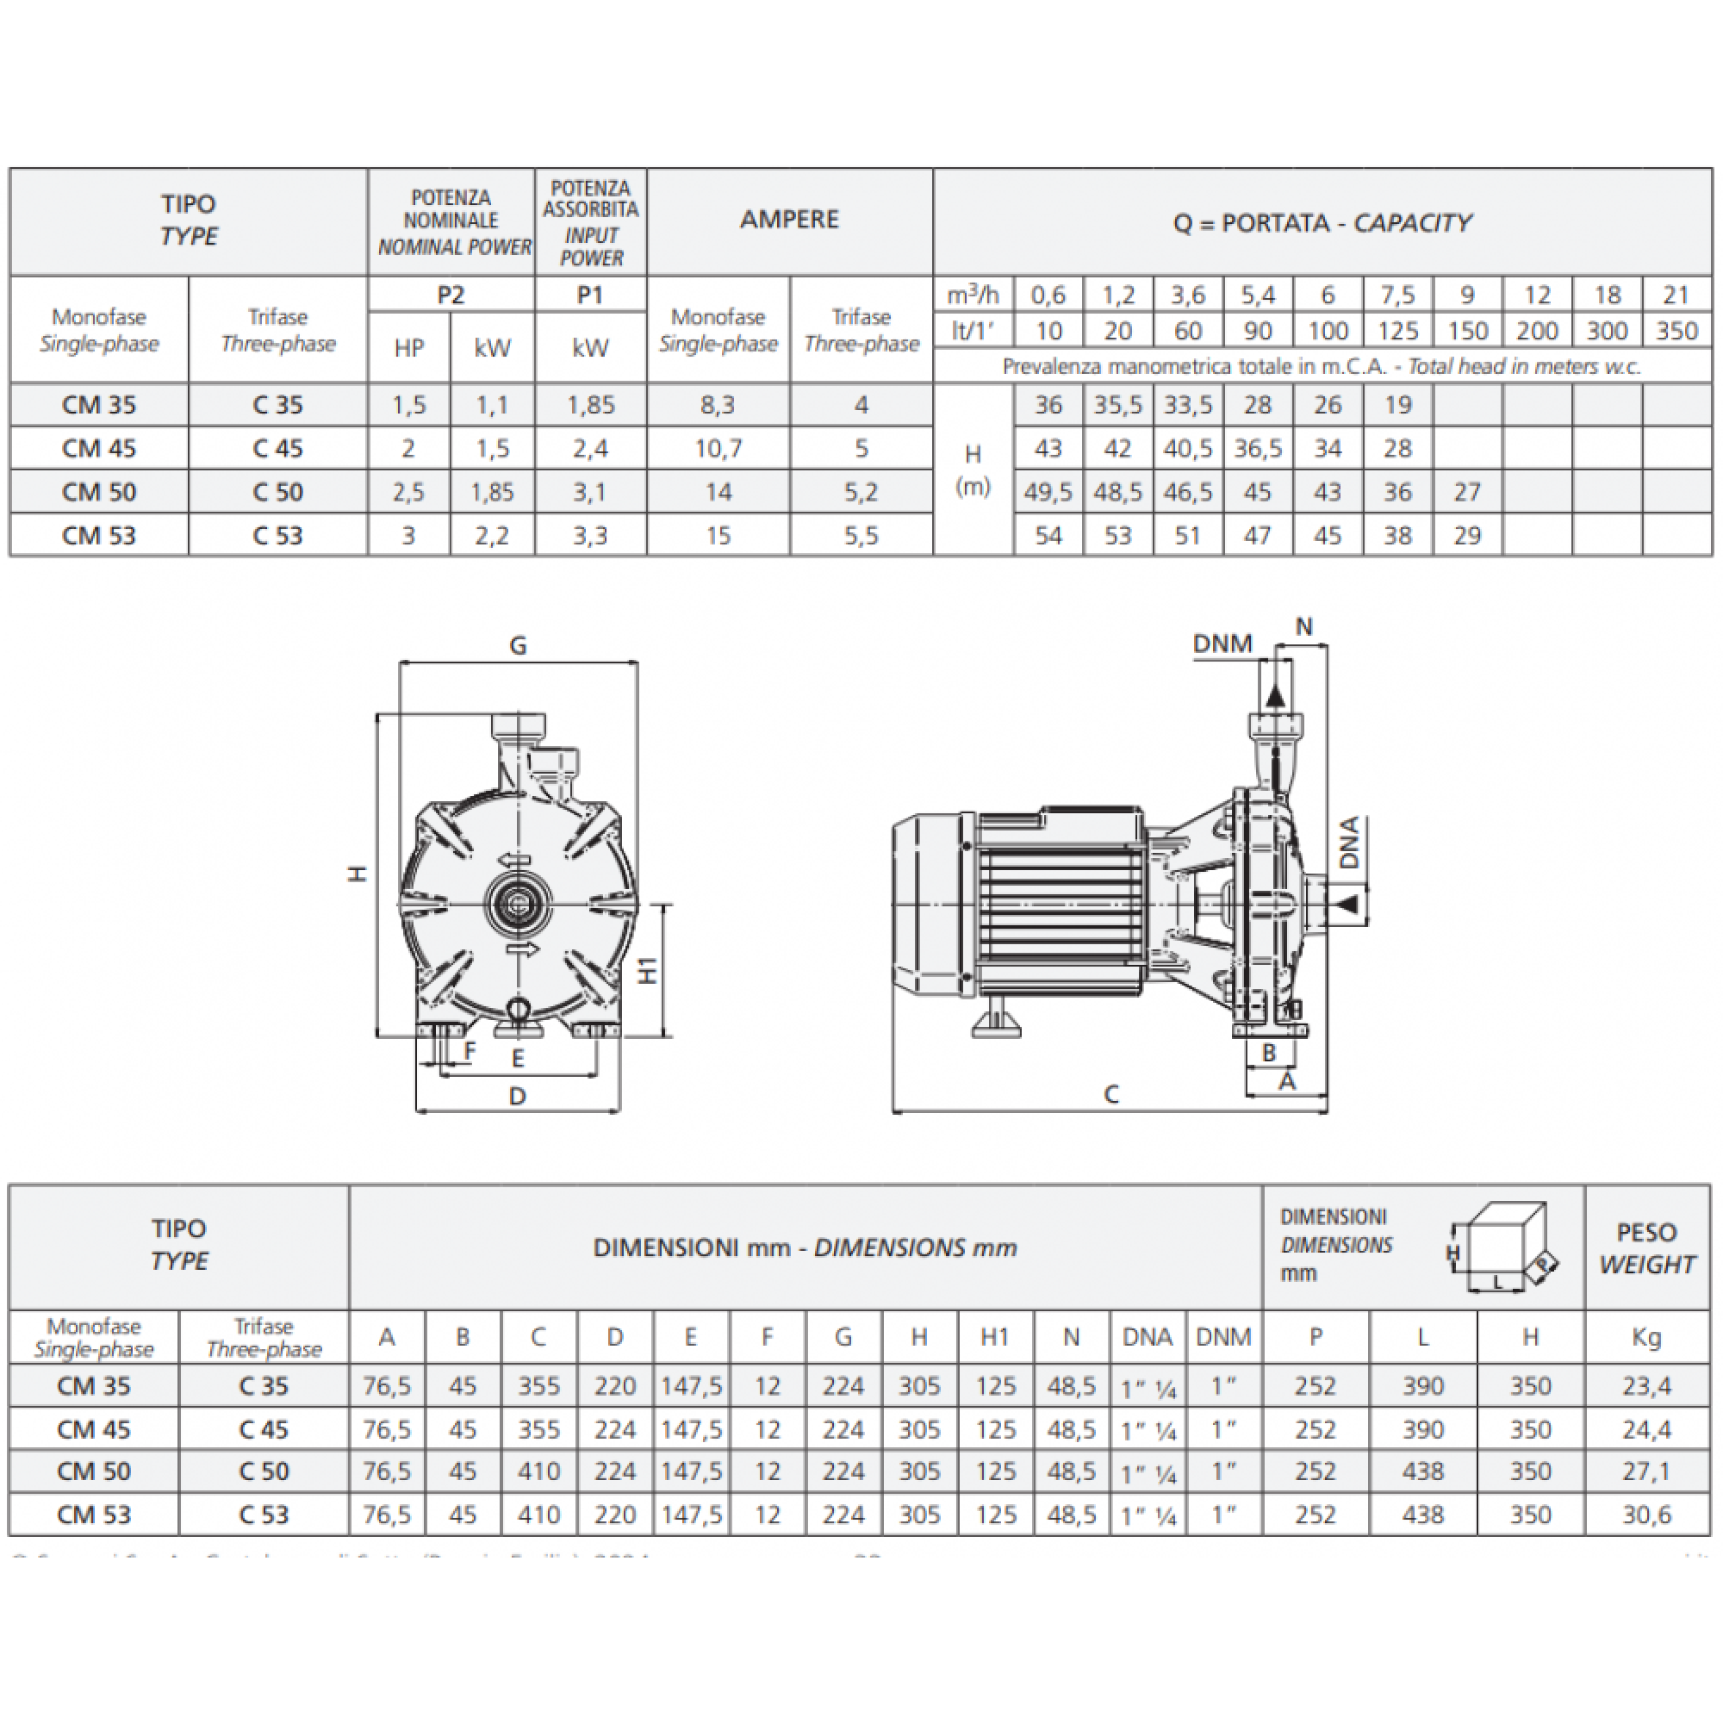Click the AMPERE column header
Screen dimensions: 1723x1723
click(789, 220)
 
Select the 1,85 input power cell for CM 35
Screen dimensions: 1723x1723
click(590, 405)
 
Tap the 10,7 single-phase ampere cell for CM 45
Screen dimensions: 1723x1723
click(718, 448)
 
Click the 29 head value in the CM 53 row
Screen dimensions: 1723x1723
click(1467, 535)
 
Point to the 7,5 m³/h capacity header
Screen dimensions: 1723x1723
click(1397, 295)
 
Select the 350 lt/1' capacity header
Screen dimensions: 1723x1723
click(1676, 331)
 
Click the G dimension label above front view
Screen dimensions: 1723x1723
click(517, 644)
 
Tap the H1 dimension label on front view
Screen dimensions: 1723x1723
click(649, 970)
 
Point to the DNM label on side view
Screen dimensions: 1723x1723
click(1222, 643)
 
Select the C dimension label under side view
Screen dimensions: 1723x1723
click(1110, 1094)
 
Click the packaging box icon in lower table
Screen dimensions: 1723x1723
click(1503, 1247)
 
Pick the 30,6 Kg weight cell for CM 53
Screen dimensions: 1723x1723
click(1646, 1515)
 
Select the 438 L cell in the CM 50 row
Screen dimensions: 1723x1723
click(1422, 1471)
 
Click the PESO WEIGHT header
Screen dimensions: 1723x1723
click(1646, 1247)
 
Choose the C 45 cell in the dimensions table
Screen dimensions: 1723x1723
click(264, 1429)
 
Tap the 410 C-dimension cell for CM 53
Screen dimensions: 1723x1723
click(538, 1515)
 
